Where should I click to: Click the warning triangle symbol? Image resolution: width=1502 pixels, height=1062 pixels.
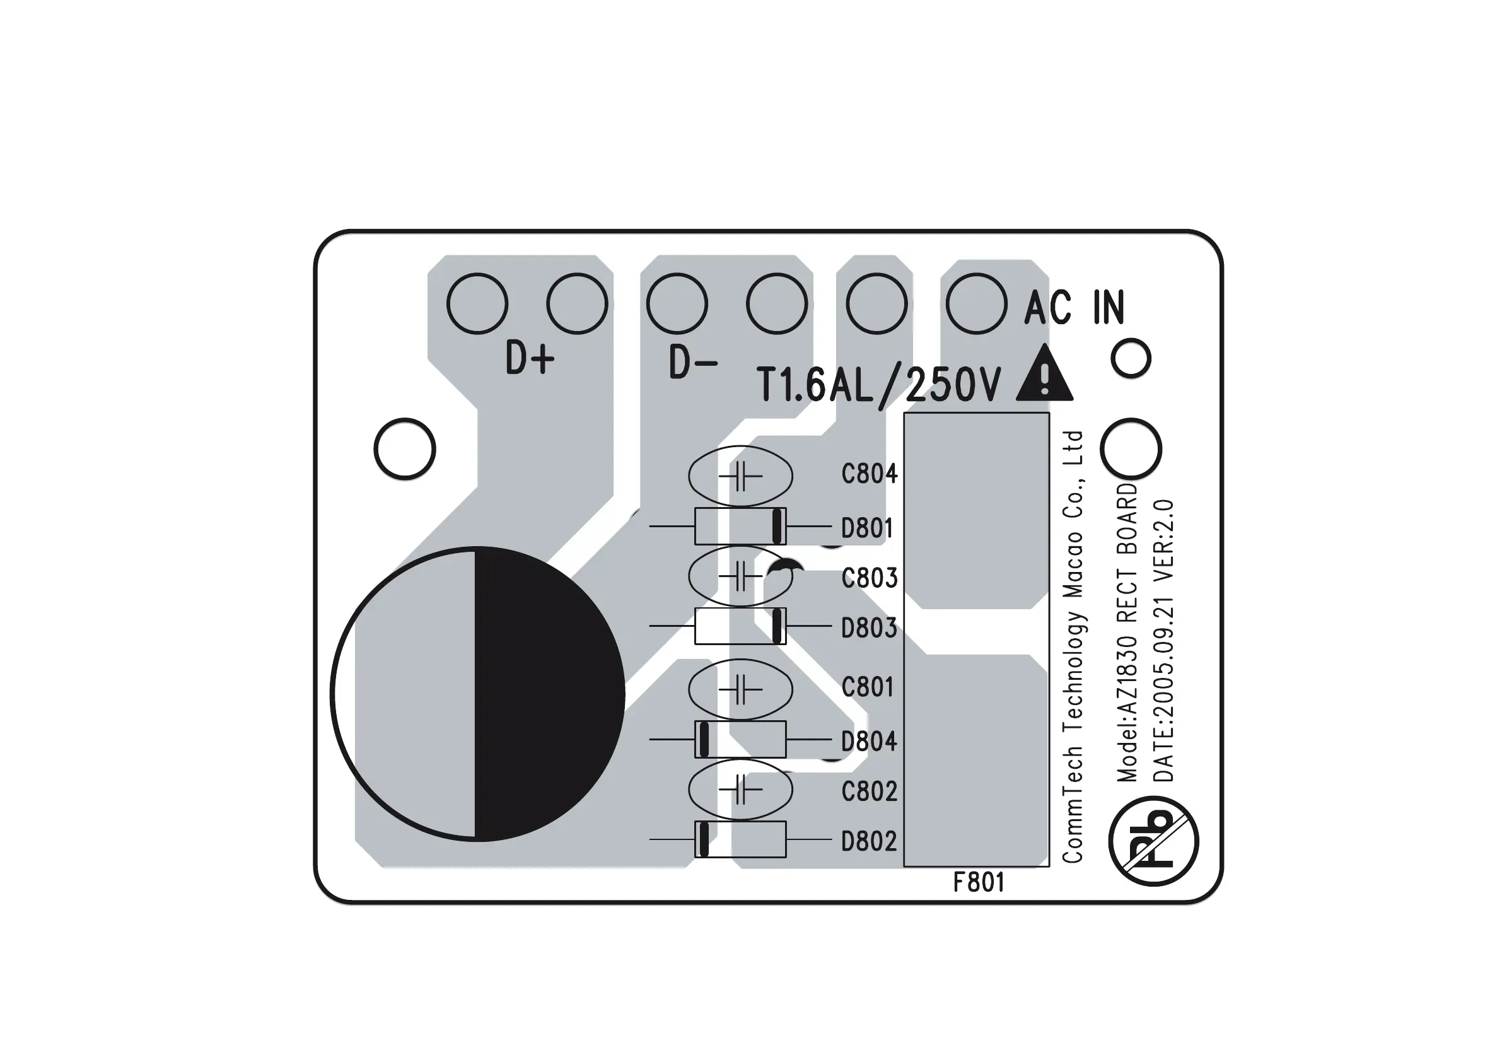tap(1044, 376)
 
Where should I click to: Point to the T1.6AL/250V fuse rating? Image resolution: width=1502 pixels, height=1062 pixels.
tap(878, 385)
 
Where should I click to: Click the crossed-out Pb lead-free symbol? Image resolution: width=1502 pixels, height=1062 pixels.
tap(1153, 841)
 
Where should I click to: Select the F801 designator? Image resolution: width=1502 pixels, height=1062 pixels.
tap(978, 883)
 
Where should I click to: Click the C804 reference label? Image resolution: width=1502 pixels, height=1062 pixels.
tap(869, 474)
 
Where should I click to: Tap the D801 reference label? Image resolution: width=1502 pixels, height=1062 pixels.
tap(867, 527)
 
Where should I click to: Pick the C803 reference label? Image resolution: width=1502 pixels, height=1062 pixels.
tap(869, 578)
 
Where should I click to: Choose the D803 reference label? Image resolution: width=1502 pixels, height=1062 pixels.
tap(869, 627)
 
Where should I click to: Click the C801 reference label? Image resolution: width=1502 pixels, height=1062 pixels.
tap(867, 687)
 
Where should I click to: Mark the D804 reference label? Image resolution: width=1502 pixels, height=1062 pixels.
tap(869, 742)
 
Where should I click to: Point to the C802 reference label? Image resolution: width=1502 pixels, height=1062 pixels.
tap(869, 791)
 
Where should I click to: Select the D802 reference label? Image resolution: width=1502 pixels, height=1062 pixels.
tap(869, 841)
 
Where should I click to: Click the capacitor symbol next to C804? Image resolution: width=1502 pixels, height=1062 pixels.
tap(740, 476)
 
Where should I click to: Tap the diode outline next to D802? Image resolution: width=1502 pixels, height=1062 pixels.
tap(740, 839)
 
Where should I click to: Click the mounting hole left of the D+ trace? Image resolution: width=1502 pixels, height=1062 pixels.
tap(405, 449)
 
